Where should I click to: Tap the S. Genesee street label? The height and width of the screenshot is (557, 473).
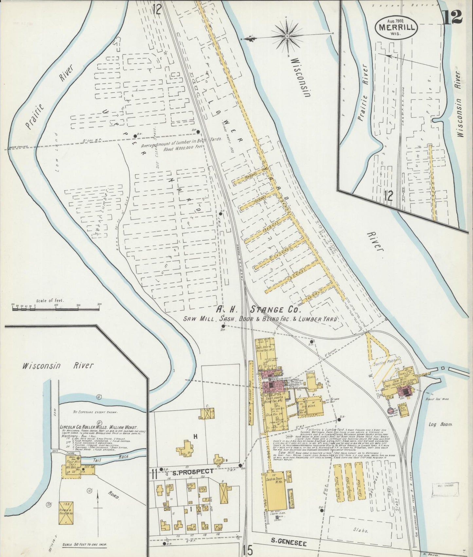point(288,544)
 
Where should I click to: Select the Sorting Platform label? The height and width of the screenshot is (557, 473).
point(387,360)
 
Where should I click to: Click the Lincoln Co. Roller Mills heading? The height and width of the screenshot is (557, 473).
point(99,427)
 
